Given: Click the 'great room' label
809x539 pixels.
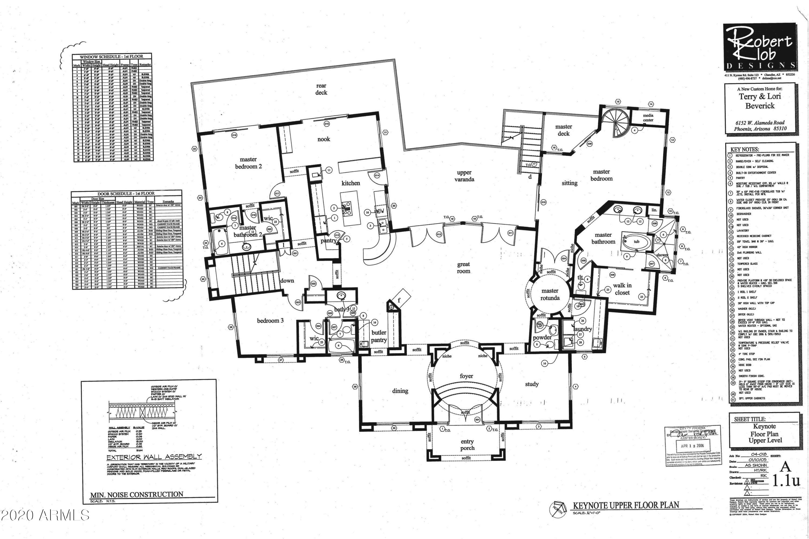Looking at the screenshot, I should point(463,268).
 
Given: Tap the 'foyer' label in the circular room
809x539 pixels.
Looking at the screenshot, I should point(466,376).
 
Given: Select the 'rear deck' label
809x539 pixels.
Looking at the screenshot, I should point(321,89).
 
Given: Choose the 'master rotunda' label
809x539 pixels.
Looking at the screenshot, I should point(550,294).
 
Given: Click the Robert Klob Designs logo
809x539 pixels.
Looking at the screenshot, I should point(759,47).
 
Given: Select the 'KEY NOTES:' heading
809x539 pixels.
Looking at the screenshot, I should point(744,150).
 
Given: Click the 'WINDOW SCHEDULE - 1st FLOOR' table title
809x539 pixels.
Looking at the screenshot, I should point(111,56).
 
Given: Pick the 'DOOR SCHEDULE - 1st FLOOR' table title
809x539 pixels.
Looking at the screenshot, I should point(126,194).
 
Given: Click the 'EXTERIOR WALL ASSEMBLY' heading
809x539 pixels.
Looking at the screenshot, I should point(154,457).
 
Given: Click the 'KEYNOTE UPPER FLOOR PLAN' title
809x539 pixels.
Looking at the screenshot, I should point(626,505).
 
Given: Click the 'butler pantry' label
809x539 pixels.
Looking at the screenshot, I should point(379,336).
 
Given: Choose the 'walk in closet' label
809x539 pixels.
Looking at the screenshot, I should point(622,289).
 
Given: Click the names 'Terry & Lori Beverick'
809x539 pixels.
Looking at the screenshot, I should point(759,101).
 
